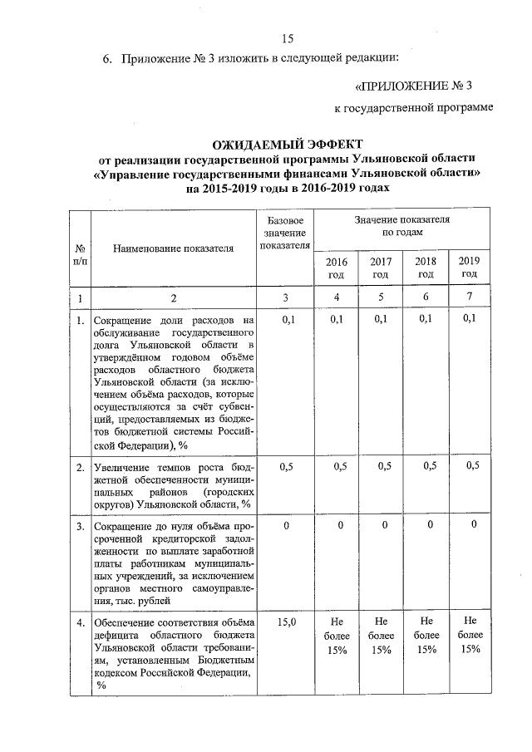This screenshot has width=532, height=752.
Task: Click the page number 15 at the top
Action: [288, 38]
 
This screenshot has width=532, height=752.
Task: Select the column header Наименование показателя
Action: [174, 248]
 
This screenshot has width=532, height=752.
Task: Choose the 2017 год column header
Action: [380, 268]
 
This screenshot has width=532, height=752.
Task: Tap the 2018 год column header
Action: [426, 268]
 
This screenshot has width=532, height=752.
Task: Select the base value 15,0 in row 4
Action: [286, 622]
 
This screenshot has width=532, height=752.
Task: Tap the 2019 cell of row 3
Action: [472, 526]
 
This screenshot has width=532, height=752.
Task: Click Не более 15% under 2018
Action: [426, 636]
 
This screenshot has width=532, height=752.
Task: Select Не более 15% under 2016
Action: [337, 636]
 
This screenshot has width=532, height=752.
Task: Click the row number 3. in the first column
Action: [80, 527]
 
